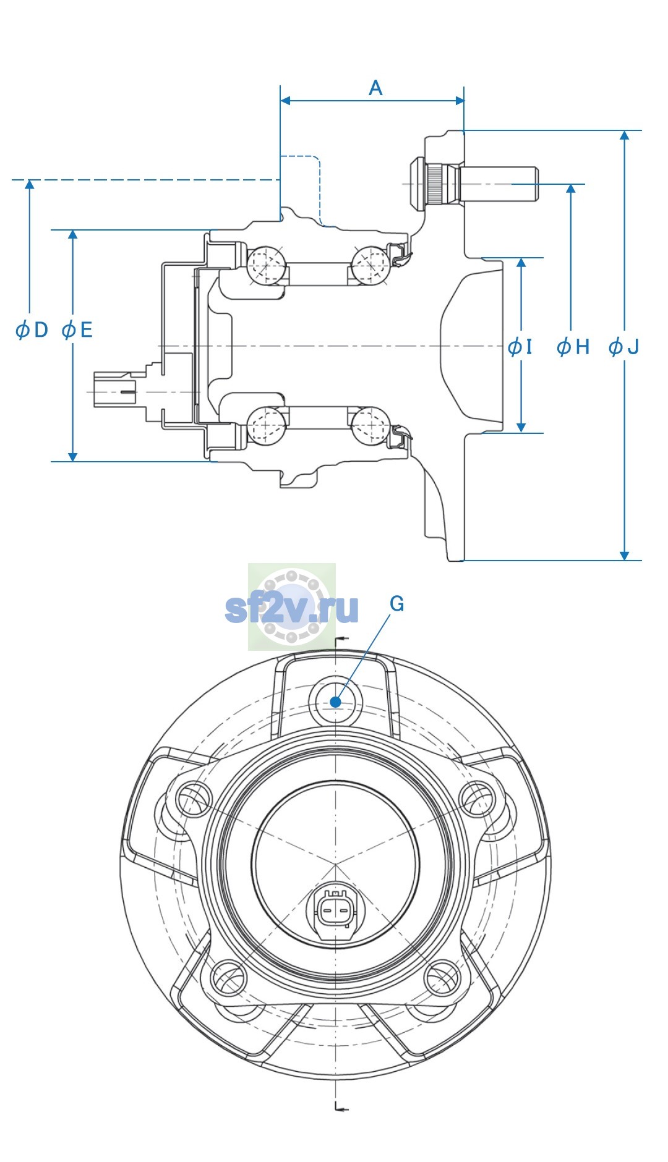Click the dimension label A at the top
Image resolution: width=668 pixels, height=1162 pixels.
tap(375, 88)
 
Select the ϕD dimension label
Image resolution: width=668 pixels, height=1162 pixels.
tap(32, 329)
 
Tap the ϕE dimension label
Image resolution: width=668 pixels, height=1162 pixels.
tap(77, 329)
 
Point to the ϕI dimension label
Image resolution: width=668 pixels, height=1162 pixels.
tap(520, 347)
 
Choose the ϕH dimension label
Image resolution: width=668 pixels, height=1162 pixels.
tap(573, 347)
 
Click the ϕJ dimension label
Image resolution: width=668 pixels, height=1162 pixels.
tap(623, 347)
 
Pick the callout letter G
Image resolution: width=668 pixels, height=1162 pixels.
tap(397, 603)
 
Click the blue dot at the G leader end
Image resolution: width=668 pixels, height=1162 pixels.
tap(336, 702)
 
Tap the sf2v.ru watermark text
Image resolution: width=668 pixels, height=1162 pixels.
tap(291, 608)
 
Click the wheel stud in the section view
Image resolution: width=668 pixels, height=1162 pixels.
tap(474, 184)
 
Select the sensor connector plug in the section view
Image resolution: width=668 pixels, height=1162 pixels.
tap(114, 389)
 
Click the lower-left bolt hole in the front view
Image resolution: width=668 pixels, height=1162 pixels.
tap(229, 978)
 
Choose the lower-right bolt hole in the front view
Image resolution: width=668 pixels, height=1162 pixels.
tap(443, 978)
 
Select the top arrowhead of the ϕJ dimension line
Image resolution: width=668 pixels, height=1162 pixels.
tap(625, 137)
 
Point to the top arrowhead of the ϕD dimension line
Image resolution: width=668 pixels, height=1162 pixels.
tap(30, 186)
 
